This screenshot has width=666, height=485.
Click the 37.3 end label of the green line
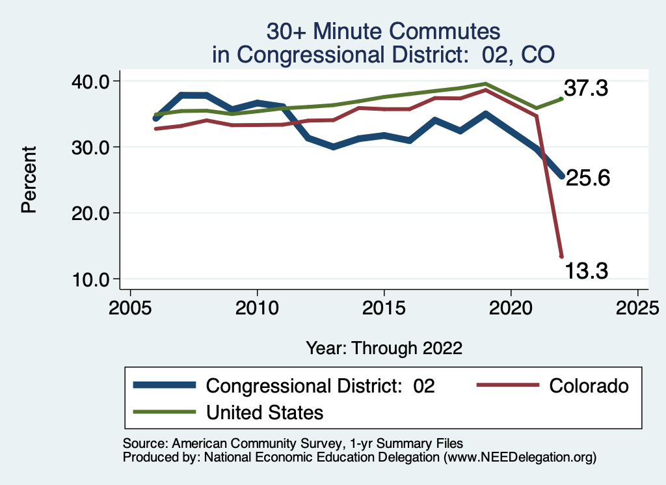point(587,88)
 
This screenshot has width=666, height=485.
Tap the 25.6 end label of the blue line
point(587,178)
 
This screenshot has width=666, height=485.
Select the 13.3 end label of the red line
point(587,269)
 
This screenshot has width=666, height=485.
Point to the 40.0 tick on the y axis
point(90,81)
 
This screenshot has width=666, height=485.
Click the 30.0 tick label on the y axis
point(90,147)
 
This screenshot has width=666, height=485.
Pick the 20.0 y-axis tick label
point(90,213)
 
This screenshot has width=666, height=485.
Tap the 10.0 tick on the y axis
point(90,279)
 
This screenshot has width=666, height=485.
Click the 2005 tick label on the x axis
point(130,306)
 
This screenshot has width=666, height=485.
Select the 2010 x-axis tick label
point(257,306)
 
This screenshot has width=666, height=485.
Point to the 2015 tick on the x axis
point(384,306)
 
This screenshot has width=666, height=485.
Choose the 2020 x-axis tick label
point(511,306)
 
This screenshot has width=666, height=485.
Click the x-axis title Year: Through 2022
point(384,348)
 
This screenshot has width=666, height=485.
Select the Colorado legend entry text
point(589,386)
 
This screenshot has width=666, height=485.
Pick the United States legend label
point(264,412)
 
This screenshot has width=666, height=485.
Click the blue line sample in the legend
point(164,385)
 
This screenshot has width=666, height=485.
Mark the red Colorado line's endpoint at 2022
point(561,256)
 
